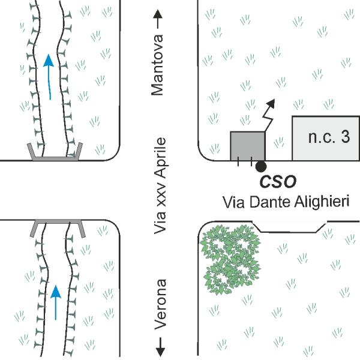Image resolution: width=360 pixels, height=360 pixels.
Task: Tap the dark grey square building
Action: coord(248,146)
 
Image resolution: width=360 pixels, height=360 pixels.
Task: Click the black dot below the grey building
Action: coord(260,166)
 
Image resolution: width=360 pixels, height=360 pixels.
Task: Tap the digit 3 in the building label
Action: coord(345,138)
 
